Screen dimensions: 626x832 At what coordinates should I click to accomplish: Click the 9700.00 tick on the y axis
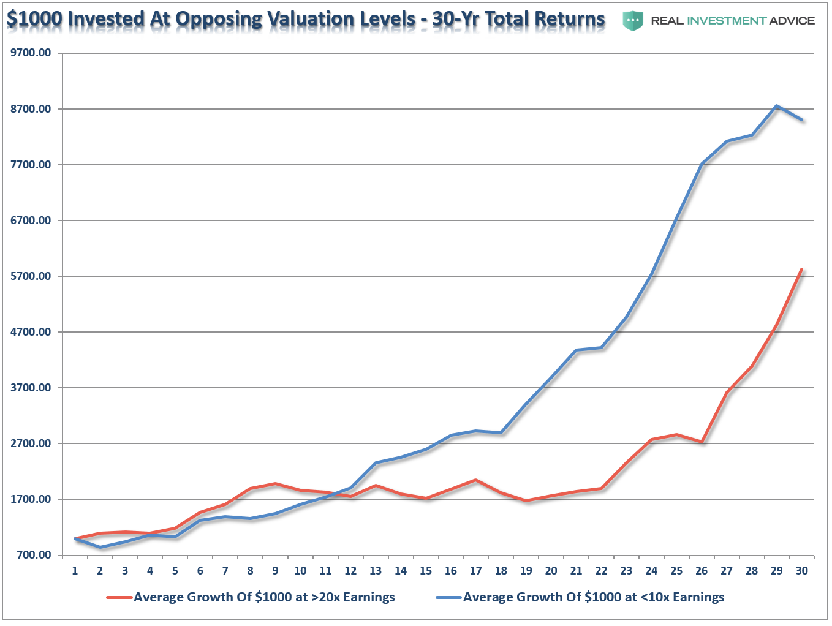(31, 53)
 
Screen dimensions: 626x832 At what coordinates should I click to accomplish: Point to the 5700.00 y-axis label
(31, 276)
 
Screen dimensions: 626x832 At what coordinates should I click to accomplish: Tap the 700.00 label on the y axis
(33, 555)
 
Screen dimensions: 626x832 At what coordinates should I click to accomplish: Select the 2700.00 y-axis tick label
(31, 443)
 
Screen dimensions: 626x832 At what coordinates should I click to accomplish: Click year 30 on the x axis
(801, 571)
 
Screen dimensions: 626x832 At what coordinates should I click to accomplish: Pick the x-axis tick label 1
(75, 571)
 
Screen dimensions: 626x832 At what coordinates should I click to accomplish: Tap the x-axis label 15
(426, 571)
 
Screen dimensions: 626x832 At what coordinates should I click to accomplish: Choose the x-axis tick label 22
(601, 571)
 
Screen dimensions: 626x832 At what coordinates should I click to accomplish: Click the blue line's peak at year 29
(776, 106)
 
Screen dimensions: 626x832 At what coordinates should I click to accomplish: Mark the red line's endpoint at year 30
(801, 270)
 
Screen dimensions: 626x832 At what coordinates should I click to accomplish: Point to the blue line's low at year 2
(100, 547)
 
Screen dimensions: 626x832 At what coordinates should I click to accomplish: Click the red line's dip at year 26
(702, 442)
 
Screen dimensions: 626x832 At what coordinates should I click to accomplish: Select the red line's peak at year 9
(275, 484)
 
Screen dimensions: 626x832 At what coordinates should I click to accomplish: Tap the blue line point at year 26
(702, 164)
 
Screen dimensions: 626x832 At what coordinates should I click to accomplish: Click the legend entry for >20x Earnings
(263, 597)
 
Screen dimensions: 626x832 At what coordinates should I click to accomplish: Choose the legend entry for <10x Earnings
(593, 597)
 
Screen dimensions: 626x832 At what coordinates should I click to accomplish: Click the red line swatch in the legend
(119, 597)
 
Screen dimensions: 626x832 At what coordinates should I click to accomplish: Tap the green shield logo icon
(633, 21)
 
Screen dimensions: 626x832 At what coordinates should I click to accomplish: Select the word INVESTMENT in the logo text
(727, 21)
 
